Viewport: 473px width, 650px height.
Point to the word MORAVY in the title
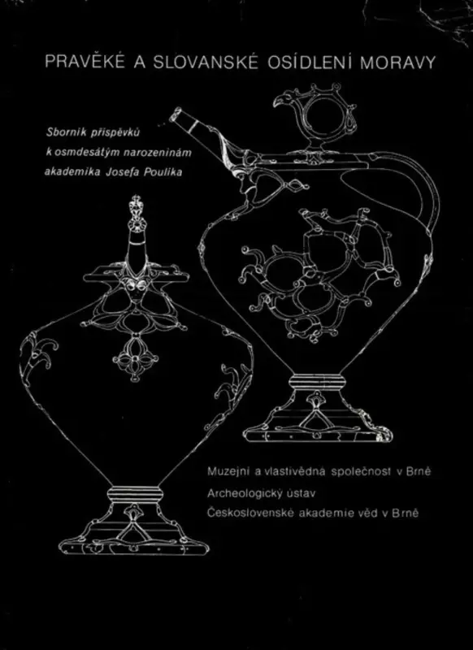[x=398, y=63]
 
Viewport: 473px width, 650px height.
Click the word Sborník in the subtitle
[x=64, y=132]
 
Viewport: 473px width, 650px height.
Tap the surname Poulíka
[x=163, y=172]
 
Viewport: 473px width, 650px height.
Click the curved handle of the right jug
[x=433, y=195]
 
